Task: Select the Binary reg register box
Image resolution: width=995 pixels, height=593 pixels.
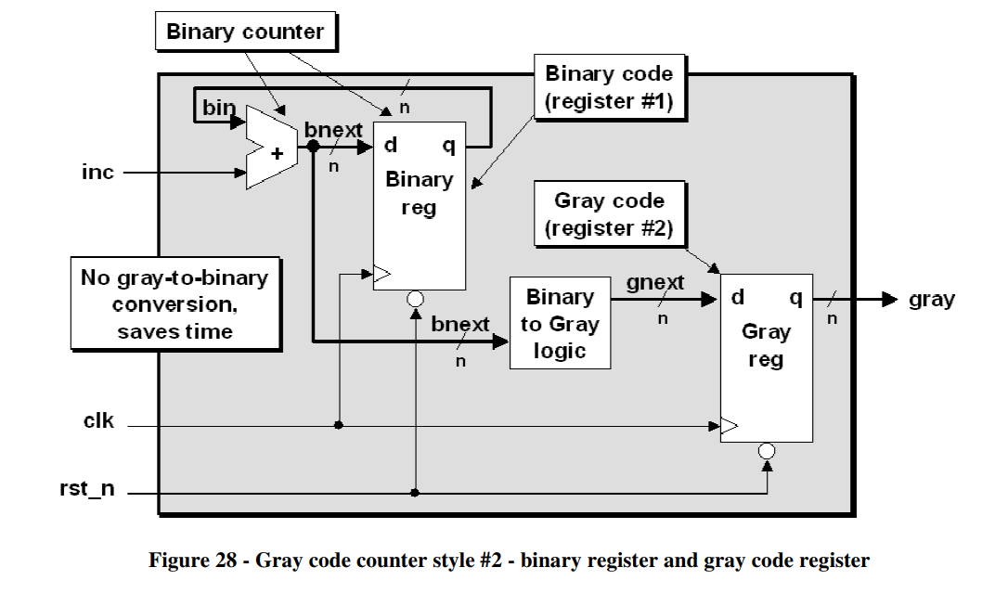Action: pos(419,205)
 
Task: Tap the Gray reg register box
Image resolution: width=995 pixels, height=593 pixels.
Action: pos(766,357)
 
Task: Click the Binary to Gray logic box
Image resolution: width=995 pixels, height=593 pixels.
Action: pos(560,323)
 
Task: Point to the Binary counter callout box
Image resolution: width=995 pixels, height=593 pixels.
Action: pos(244,32)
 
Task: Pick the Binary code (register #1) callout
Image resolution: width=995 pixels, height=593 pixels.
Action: pos(609,87)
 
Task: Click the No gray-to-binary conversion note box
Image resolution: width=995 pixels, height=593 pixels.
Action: pos(175,303)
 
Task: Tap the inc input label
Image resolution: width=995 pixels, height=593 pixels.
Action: pos(97,173)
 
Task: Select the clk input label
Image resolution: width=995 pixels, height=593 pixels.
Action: pos(98,420)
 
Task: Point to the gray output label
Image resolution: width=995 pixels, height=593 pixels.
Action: pos(931,299)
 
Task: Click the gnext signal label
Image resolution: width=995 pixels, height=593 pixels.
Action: pos(655,282)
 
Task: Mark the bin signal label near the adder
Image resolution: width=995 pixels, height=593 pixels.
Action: pos(219,108)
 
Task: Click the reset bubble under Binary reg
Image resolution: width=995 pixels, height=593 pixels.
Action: pos(415,299)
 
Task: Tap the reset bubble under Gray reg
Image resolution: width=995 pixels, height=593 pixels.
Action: pos(767,451)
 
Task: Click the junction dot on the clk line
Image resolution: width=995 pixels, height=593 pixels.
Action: pos(340,425)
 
